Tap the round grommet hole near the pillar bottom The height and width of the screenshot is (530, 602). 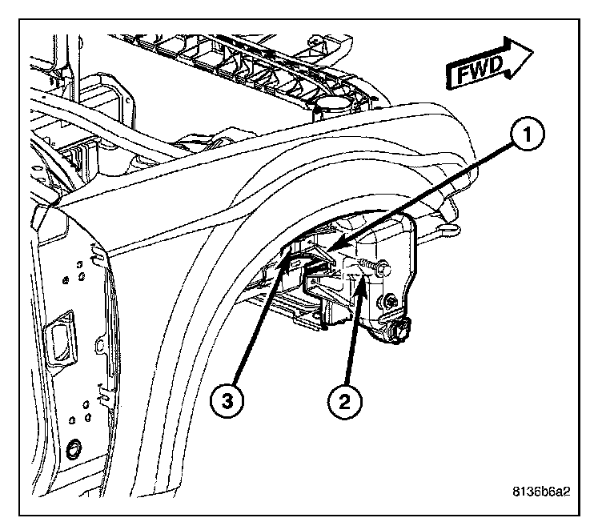point(73,448)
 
